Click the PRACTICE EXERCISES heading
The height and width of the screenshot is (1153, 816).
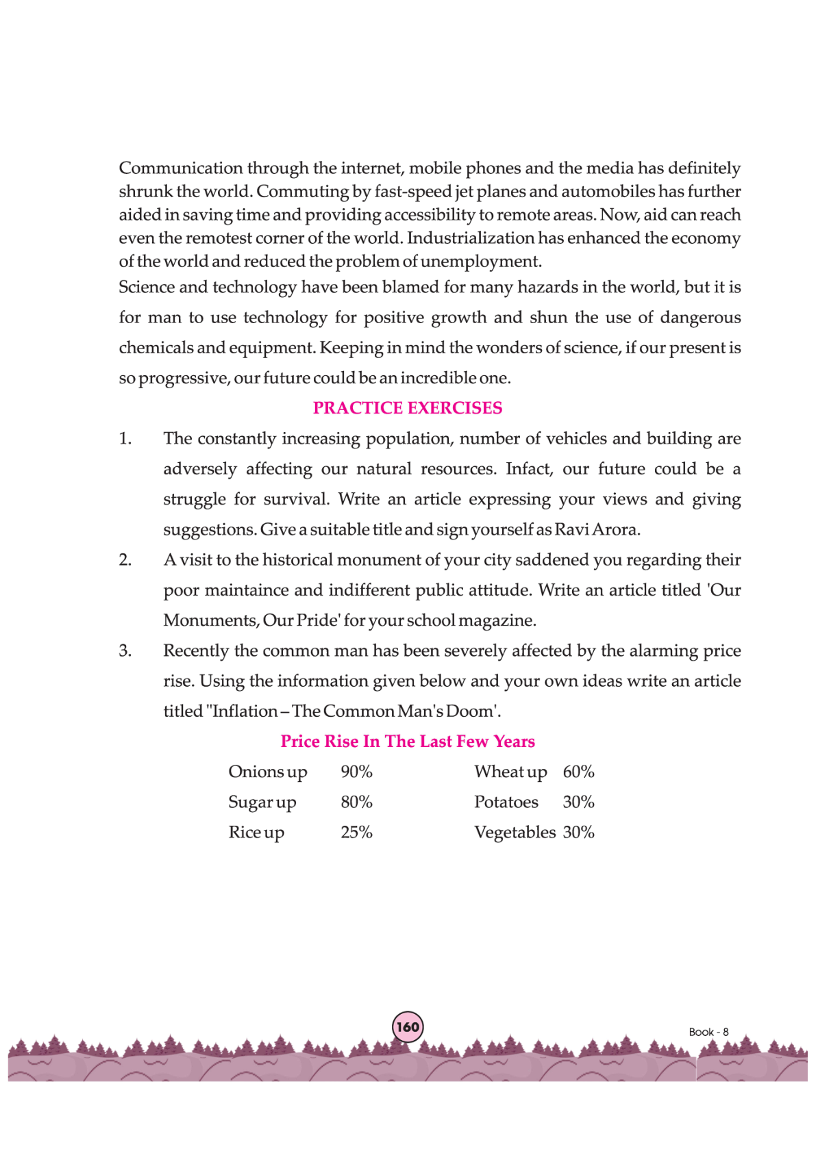point(408,408)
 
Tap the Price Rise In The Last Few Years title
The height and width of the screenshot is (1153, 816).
point(408,742)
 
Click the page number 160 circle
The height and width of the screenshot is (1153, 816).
point(408,1027)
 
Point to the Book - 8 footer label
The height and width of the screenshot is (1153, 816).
point(708,1032)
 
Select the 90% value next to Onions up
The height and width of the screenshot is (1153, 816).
point(356,772)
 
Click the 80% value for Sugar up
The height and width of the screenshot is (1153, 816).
point(356,802)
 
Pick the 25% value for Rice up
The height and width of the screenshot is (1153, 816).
point(356,833)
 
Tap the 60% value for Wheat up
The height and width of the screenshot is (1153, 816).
point(578,772)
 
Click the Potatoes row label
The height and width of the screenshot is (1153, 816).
point(506,802)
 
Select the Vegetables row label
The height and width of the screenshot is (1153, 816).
point(515,833)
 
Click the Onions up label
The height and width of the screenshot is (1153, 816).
point(267,772)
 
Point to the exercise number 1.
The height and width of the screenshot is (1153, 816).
point(125,439)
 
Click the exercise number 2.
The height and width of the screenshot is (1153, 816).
point(125,560)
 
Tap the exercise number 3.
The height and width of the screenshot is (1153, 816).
point(125,651)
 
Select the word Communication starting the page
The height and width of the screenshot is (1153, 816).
point(181,168)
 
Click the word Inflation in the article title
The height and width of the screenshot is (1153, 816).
point(245,711)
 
